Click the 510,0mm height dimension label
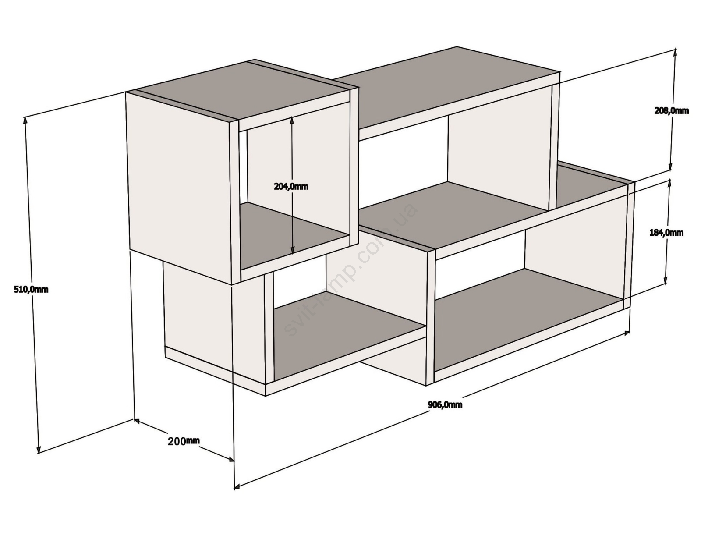(x=31, y=290)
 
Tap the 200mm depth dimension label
(x=184, y=441)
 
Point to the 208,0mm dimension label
(x=672, y=111)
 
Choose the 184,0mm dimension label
(x=666, y=233)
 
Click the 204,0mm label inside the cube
(x=291, y=186)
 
